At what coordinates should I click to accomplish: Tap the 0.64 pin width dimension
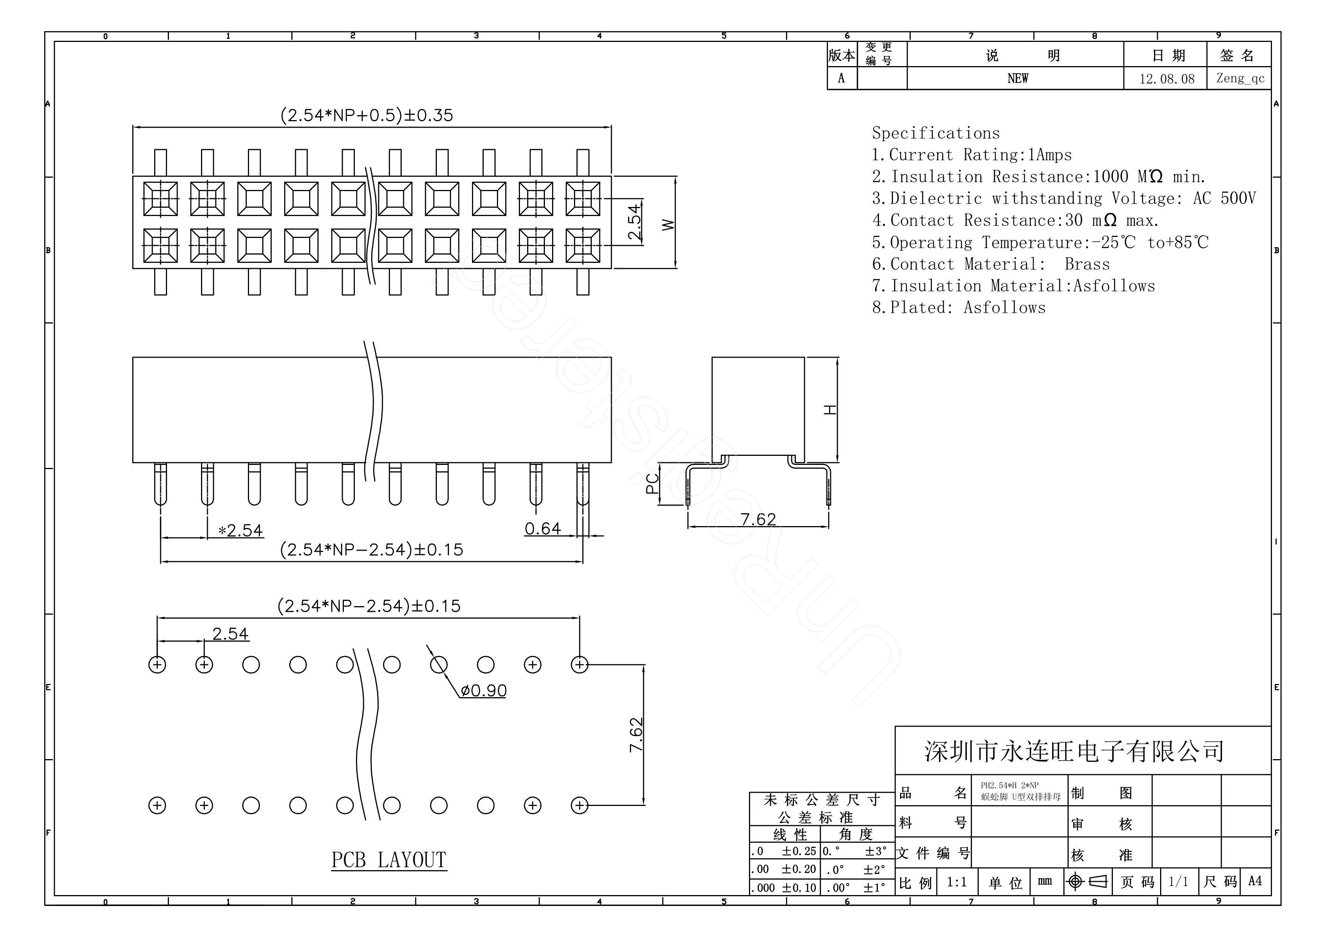pyautogui.click(x=542, y=529)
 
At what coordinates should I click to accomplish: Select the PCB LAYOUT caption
pyautogui.click(x=389, y=860)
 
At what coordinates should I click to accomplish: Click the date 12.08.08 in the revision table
pyautogui.click(x=1167, y=79)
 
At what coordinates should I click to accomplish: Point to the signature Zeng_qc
pyautogui.click(x=1240, y=79)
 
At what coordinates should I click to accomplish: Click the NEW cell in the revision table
pyautogui.click(x=1017, y=79)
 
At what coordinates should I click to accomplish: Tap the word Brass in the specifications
pyautogui.click(x=1087, y=264)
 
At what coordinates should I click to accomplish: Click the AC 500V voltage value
pyautogui.click(x=1224, y=199)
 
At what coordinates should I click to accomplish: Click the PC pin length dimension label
pyautogui.click(x=652, y=484)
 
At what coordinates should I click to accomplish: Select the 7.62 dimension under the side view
pyautogui.click(x=758, y=520)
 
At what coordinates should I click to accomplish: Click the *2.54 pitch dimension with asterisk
pyautogui.click(x=240, y=531)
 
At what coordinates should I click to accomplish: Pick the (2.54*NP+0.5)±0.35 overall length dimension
pyautogui.click(x=367, y=116)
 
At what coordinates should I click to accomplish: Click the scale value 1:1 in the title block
pyautogui.click(x=956, y=882)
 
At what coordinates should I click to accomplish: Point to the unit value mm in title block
pyautogui.click(x=1044, y=881)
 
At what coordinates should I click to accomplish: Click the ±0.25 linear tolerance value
pyautogui.click(x=799, y=852)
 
